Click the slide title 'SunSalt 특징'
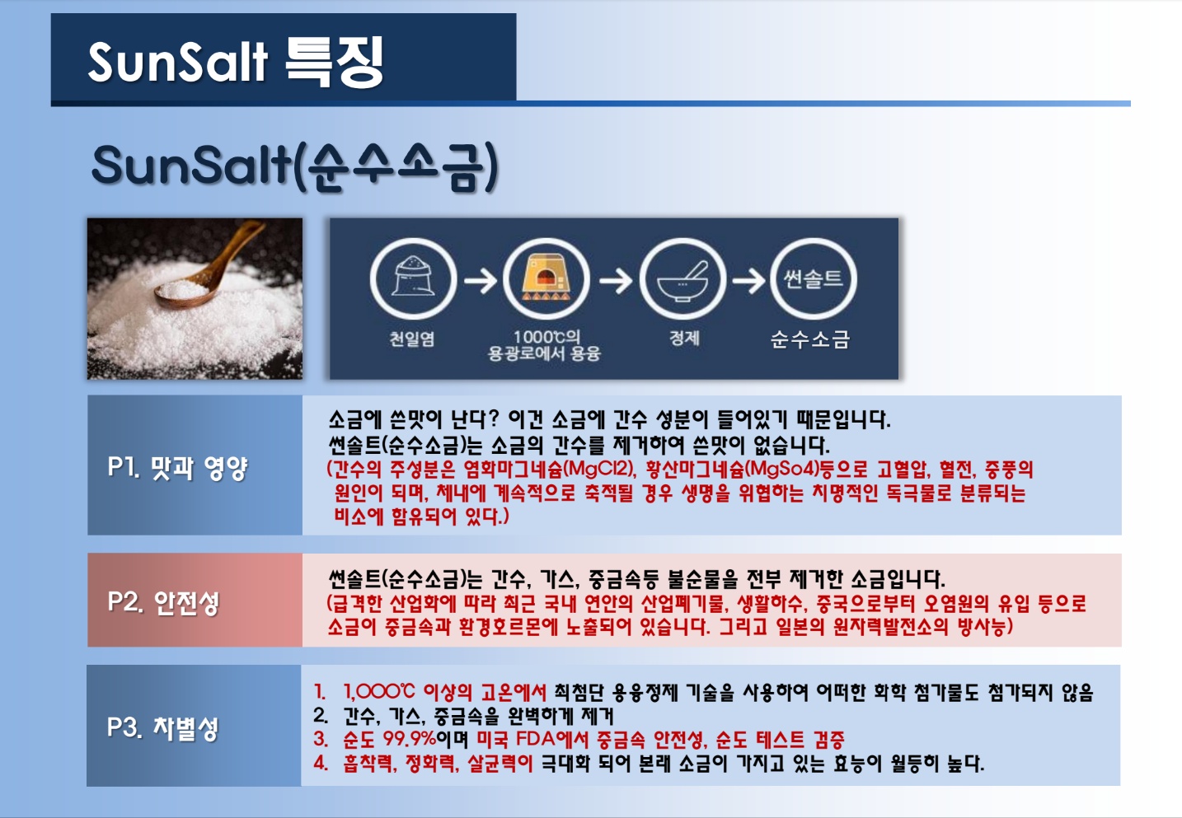pyautogui.click(x=236, y=63)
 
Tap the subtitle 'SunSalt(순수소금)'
pyautogui.click(x=294, y=166)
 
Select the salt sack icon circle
pyautogui.click(x=413, y=278)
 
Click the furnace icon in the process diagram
pyautogui.click(x=546, y=278)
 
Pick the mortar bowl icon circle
pyautogui.click(x=682, y=278)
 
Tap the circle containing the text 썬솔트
pyautogui.click(x=814, y=278)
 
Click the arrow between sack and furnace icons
pyautogui.click(x=481, y=281)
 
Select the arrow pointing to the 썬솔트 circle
pyautogui.click(x=748, y=281)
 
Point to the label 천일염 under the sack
pyautogui.click(x=412, y=339)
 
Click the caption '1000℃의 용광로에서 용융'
pyautogui.click(x=545, y=345)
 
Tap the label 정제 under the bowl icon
pyautogui.click(x=684, y=338)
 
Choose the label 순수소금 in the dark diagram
pyautogui.click(x=810, y=339)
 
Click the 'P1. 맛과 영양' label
pyautogui.click(x=177, y=468)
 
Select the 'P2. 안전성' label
pyautogui.click(x=163, y=602)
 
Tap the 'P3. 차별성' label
pyautogui.click(x=162, y=728)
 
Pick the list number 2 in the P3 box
pyautogui.click(x=320, y=716)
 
